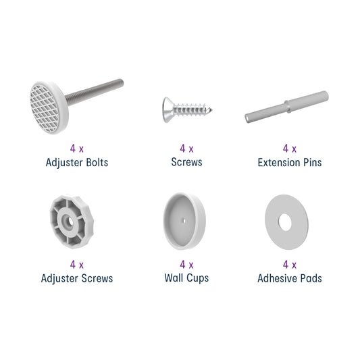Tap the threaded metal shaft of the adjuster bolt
tap(95, 91)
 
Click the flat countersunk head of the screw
tap(167, 109)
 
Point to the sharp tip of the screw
tap(211, 109)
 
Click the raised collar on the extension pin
tap(288, 106)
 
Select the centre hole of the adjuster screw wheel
tap(70, 222)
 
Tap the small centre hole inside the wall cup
tap(184, 221)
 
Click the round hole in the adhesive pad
tap(285, 222)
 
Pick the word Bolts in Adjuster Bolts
tap(97, 163)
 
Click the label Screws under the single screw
tap(186, 162)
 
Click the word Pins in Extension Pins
tap(313, 163)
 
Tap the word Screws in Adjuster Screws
tap(97, 278)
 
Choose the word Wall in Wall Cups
tap(174, 278)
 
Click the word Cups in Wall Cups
tap(197, 278)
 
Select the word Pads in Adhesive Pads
tap(311, 278)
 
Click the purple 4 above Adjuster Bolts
tap(73, 149)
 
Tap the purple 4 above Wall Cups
tap(182, 265)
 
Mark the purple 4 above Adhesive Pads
tap(286, 265)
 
